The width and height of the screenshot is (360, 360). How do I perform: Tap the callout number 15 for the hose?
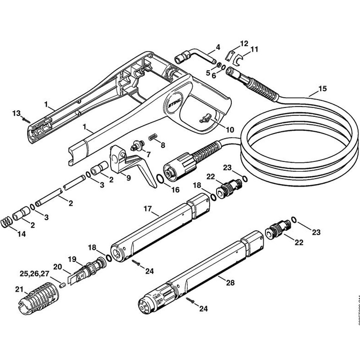323,88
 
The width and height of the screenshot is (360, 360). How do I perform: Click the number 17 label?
147,209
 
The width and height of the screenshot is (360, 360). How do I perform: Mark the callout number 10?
229,129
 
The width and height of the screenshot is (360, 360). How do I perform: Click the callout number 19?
73,259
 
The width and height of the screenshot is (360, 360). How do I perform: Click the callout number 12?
244,44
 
